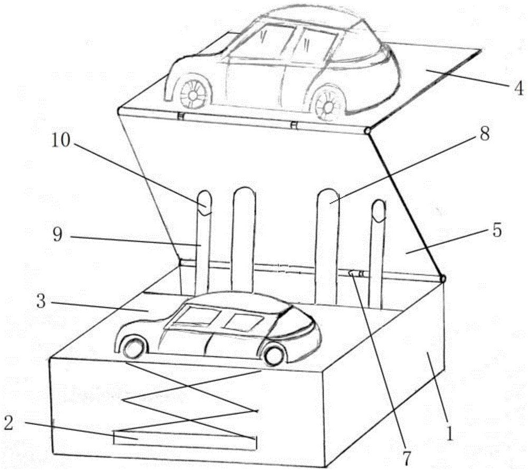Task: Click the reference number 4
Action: [x=518, y=89]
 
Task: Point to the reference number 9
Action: [x=58, y=234]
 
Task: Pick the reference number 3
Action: [x=41, y=301]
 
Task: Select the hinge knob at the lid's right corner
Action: [x=367, y=130]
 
